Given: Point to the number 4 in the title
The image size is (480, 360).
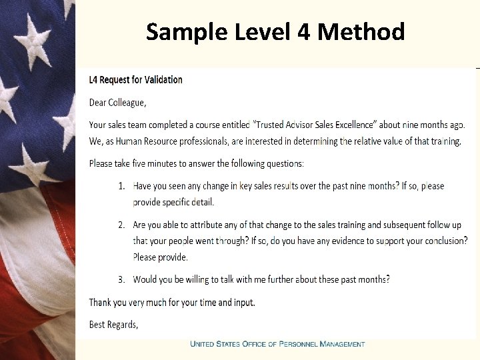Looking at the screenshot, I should click(306, 31).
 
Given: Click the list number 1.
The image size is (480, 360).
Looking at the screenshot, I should click(121, 186).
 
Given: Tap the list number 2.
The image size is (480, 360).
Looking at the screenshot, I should click(121, 225).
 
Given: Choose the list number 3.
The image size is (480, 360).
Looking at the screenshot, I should click(121, 279).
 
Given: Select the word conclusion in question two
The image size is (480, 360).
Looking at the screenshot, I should click(441, 241).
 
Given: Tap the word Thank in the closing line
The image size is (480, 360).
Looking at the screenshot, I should click(100, 302).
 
